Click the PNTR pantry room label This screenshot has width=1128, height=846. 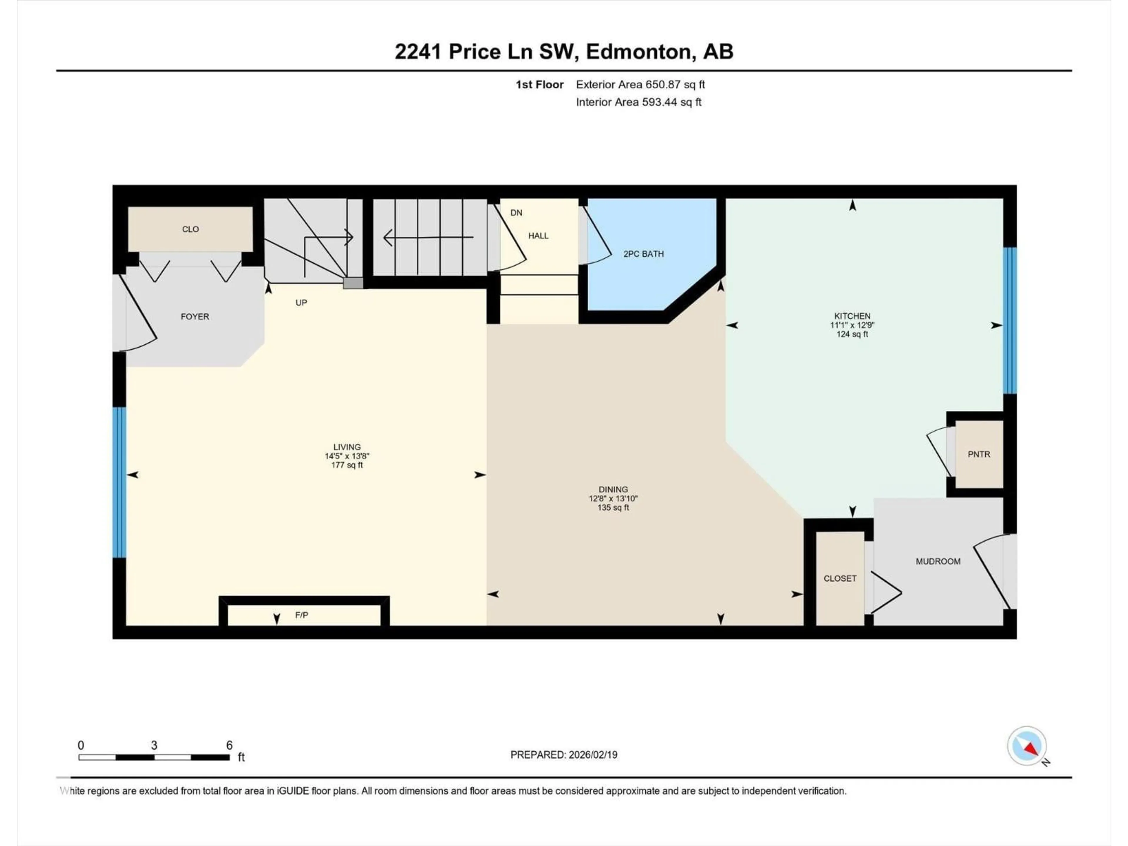click(x=978, y=454)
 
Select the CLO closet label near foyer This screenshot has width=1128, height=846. click(x=190, y=229)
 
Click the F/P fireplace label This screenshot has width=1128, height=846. click(x=301, y=615)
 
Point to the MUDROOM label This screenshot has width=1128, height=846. click(x=938, y=561)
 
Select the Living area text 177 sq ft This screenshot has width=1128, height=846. click(x=347, y=465)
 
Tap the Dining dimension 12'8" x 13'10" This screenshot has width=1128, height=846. click(x=613, y=498)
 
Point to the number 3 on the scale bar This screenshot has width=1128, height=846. click(x=154, y=745)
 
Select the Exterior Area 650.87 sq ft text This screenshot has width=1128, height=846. click(x=640, y=85)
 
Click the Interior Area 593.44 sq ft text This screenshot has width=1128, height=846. click(x=638, y=102)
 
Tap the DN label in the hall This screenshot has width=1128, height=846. click(x=516, y=213)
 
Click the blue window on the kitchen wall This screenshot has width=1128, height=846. click(x=1010, y=320)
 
